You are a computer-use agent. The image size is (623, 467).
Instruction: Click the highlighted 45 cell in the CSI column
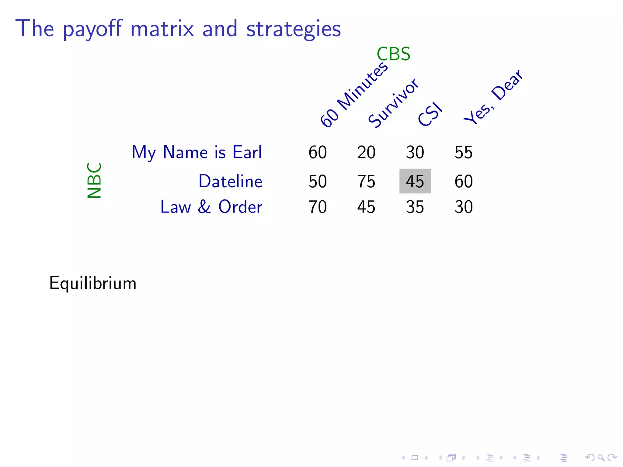(415, 181)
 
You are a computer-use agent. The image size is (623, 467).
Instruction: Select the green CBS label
(393, 54)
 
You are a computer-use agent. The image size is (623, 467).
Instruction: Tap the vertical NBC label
(94, 180)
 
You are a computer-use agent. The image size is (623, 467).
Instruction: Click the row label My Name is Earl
(197, 152)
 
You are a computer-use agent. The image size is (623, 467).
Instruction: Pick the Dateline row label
(230, 182)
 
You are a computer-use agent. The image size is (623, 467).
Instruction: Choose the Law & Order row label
(211, 207)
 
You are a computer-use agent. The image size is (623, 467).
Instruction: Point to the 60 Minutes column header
(354, 95)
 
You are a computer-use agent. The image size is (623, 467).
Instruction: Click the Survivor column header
(393, 103)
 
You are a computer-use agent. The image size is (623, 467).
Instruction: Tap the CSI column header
(430, 114)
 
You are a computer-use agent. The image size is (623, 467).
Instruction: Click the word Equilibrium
(93, 283)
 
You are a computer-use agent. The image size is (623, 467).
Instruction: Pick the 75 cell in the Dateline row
(366, 182)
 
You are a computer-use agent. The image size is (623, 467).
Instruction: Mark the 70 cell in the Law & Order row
(318, 207)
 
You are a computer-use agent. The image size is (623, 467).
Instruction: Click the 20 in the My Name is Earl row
(366, 152)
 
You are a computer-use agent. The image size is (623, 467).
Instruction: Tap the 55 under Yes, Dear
(464, 152)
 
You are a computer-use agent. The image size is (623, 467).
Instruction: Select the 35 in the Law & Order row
(415, 207)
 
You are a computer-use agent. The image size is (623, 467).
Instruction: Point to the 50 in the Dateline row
(318, 182)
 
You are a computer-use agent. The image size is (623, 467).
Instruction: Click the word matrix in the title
(162, 29)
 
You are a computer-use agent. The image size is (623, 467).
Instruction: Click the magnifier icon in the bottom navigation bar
(601, 458)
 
